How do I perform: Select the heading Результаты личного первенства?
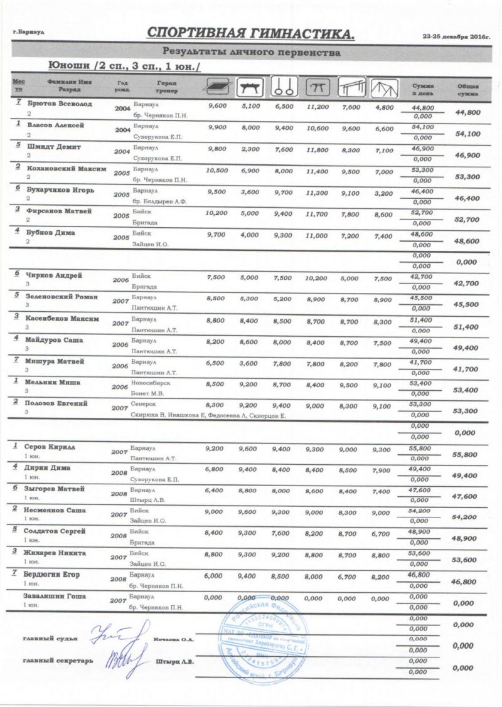[x=251, y=53]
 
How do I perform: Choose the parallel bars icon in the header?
[x=352, y=88]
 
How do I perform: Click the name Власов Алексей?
[x=55, y=125]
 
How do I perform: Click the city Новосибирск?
[x=151, y=382]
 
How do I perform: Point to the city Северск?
[x=144, y=403]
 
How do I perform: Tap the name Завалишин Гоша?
[x=55, y=596]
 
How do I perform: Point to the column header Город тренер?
[x=166, y=87]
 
